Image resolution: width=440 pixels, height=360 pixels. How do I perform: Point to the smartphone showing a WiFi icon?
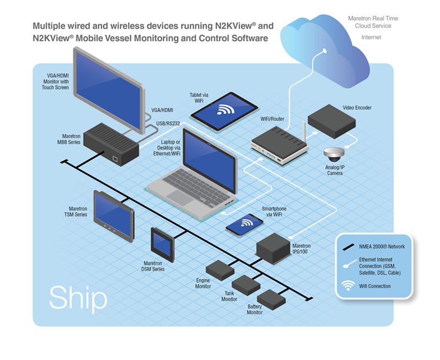coord(244,224)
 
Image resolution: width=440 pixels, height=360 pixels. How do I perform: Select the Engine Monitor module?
coord(220,269)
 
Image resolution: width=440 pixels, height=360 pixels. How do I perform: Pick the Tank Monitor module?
coord(246,285)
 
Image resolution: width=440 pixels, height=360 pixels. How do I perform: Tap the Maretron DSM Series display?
coord(163,241)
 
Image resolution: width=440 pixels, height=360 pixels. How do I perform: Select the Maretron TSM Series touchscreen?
coord(114,214)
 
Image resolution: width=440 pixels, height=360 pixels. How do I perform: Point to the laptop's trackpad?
coord(180,196)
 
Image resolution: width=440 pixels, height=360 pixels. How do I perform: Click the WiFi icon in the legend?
coord(348,286)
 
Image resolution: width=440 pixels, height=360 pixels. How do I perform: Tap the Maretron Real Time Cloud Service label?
coord(373,22)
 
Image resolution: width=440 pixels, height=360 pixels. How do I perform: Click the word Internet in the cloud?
coord(371,37)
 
